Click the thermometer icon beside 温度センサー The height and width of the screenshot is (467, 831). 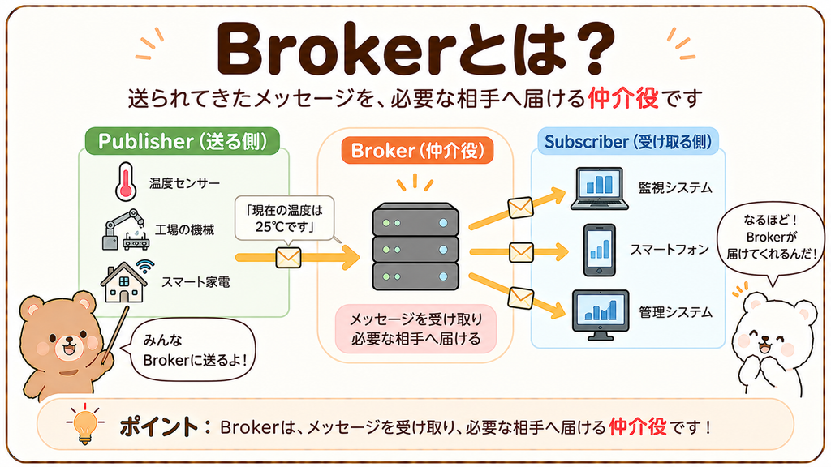click(x=126, y=182)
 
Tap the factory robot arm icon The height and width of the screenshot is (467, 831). click(x=126, y=229)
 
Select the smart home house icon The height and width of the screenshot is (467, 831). click(x=126, y=281)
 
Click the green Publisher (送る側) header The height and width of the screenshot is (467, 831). click(x=183, y=141)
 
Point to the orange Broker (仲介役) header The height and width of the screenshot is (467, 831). click(x=417, y=150)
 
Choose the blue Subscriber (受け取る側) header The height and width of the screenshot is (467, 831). click(x=628, y=141)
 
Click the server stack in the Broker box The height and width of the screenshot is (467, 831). click(x=415, y=246)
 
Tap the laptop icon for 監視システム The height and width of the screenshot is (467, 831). click(x=600, y=188)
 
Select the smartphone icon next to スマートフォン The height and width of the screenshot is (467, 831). click(x=600, y=250)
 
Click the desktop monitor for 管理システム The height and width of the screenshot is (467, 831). click(x=601, y=315)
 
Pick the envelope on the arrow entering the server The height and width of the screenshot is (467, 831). click(x=288, y=258)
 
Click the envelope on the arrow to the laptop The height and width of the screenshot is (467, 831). click(x=520, y=208)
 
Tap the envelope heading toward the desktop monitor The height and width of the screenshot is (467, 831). click(x=520, y=298)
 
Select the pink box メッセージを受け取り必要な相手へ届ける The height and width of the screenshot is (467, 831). click(x=416, y=329)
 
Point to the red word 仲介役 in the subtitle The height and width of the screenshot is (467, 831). click(x=623, y=98)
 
